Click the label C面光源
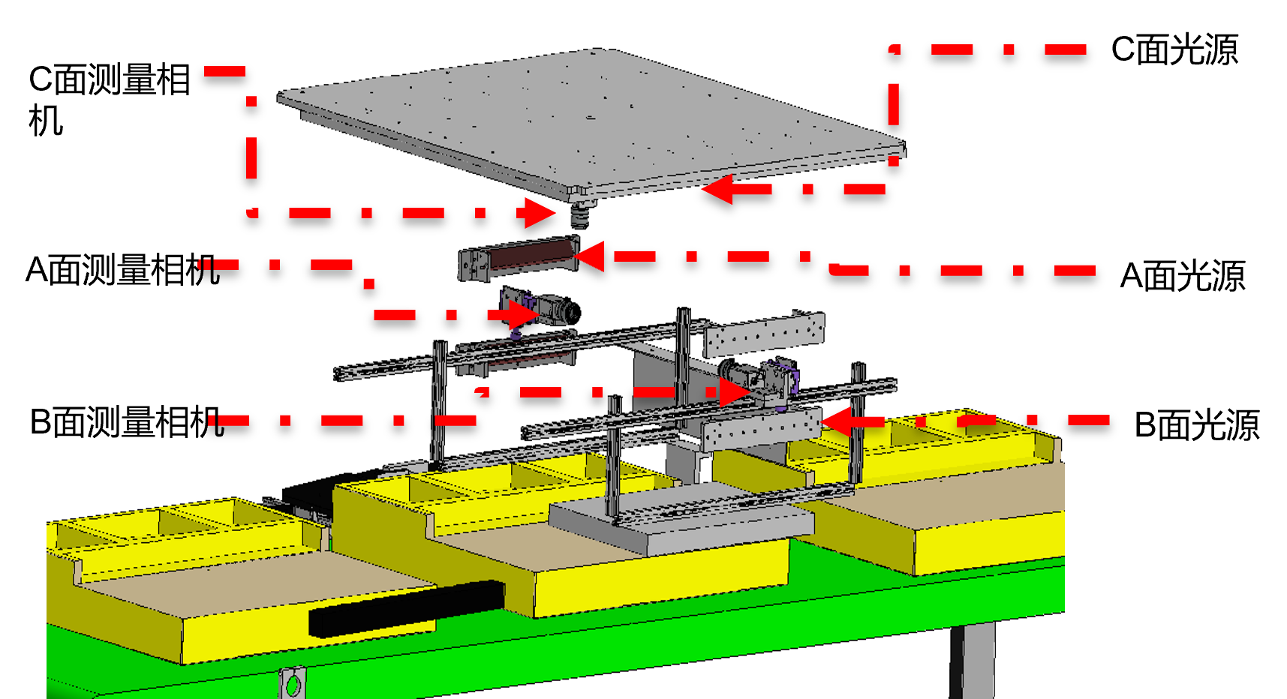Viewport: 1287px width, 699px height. pos(1174,50)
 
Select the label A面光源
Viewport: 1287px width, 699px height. pos(1183,276)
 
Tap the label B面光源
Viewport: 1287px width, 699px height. pos(1197,425)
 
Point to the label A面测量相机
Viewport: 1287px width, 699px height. pos(122,270)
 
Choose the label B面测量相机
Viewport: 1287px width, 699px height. pos(127,422)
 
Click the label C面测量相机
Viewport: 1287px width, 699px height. pos(110,100)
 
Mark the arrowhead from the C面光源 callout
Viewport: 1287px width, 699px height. pos(719,189)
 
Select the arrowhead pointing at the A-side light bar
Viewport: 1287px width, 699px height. pos(590,256)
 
